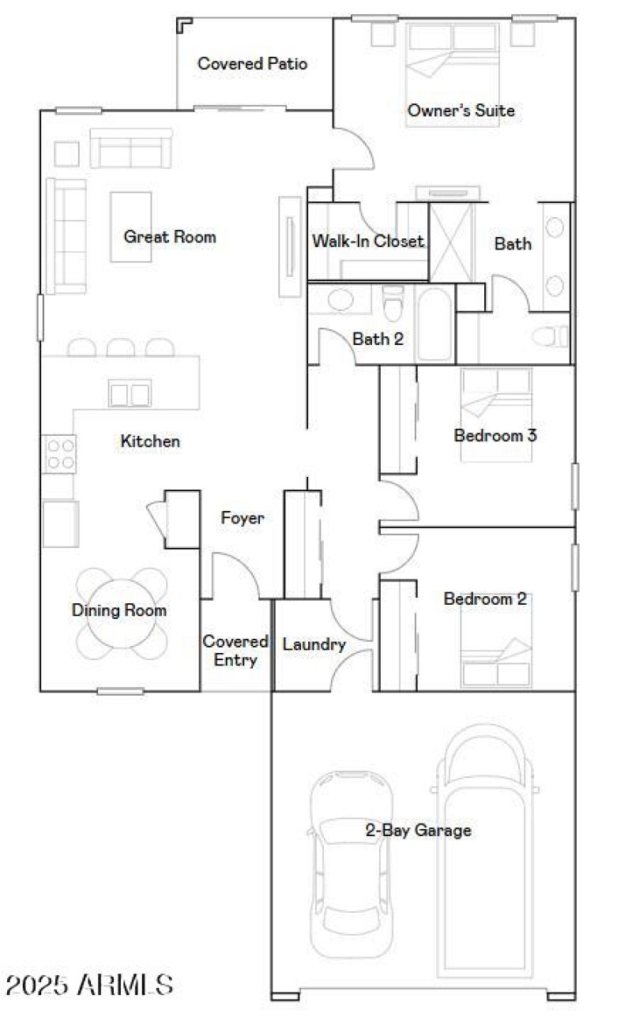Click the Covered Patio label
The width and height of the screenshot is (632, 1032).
(252, 64)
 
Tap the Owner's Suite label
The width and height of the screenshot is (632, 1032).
(461, 111)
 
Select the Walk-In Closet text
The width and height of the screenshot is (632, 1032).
(368, 241)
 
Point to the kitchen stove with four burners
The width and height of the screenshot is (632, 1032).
(60, 454)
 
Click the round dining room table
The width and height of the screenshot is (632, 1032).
(122, 609)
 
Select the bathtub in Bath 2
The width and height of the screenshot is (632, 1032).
(434, 325)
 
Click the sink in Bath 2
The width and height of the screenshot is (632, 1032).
(340, 301)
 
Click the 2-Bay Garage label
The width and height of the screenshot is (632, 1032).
(418, 830)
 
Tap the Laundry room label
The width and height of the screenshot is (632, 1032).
(314, 644)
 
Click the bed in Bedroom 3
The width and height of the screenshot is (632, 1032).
(496, 395)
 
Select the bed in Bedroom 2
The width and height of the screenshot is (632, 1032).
(497, 651)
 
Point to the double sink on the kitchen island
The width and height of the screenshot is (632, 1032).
(129, 393)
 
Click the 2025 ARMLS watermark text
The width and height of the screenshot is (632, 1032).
(89, 985)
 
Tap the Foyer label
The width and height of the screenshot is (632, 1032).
(242, 519)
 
